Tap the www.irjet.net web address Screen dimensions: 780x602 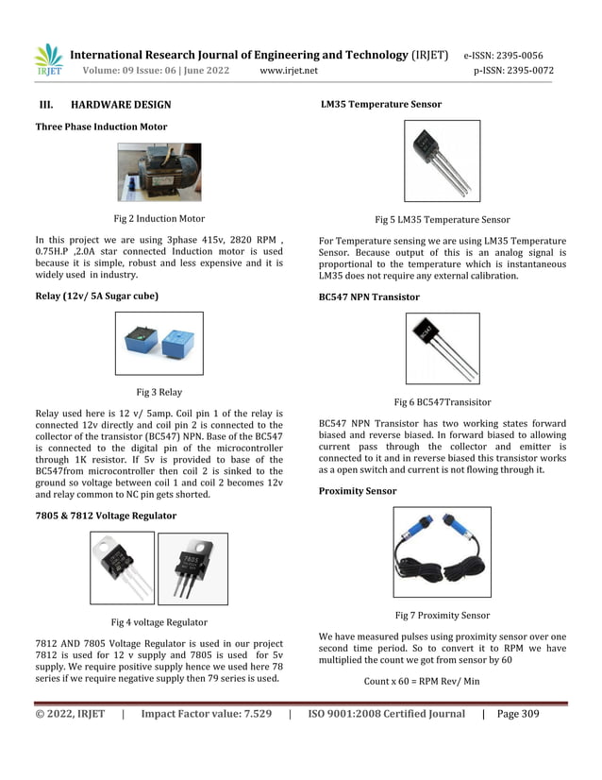tap(288, 71)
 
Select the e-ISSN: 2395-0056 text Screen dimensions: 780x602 tap(509, 55)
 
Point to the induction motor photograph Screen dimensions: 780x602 tap(159, 172)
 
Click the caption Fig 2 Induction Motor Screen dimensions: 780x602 tap(159, 218)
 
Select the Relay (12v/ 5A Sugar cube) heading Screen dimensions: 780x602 tap(96, 297)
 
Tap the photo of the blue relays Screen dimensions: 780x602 tap(159, 344)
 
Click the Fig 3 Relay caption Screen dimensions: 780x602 tap(159, 392)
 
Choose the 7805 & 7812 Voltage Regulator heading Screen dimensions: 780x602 tap(106, 516)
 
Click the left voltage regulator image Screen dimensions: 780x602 tap(122, 568)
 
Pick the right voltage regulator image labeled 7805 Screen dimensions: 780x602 tap(192, 568)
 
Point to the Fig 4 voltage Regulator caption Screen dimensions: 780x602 tap(159, 621)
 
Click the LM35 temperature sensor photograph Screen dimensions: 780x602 tap(442, 161)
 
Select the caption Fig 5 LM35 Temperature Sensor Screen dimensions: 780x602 tap(442, 219)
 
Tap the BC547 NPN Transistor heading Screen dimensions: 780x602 tap(369, 297)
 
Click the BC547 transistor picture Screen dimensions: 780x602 tap(442, 348)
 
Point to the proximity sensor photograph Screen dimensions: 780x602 tap(442, 552)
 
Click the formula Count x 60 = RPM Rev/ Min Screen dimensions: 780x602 tap(421, 681)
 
